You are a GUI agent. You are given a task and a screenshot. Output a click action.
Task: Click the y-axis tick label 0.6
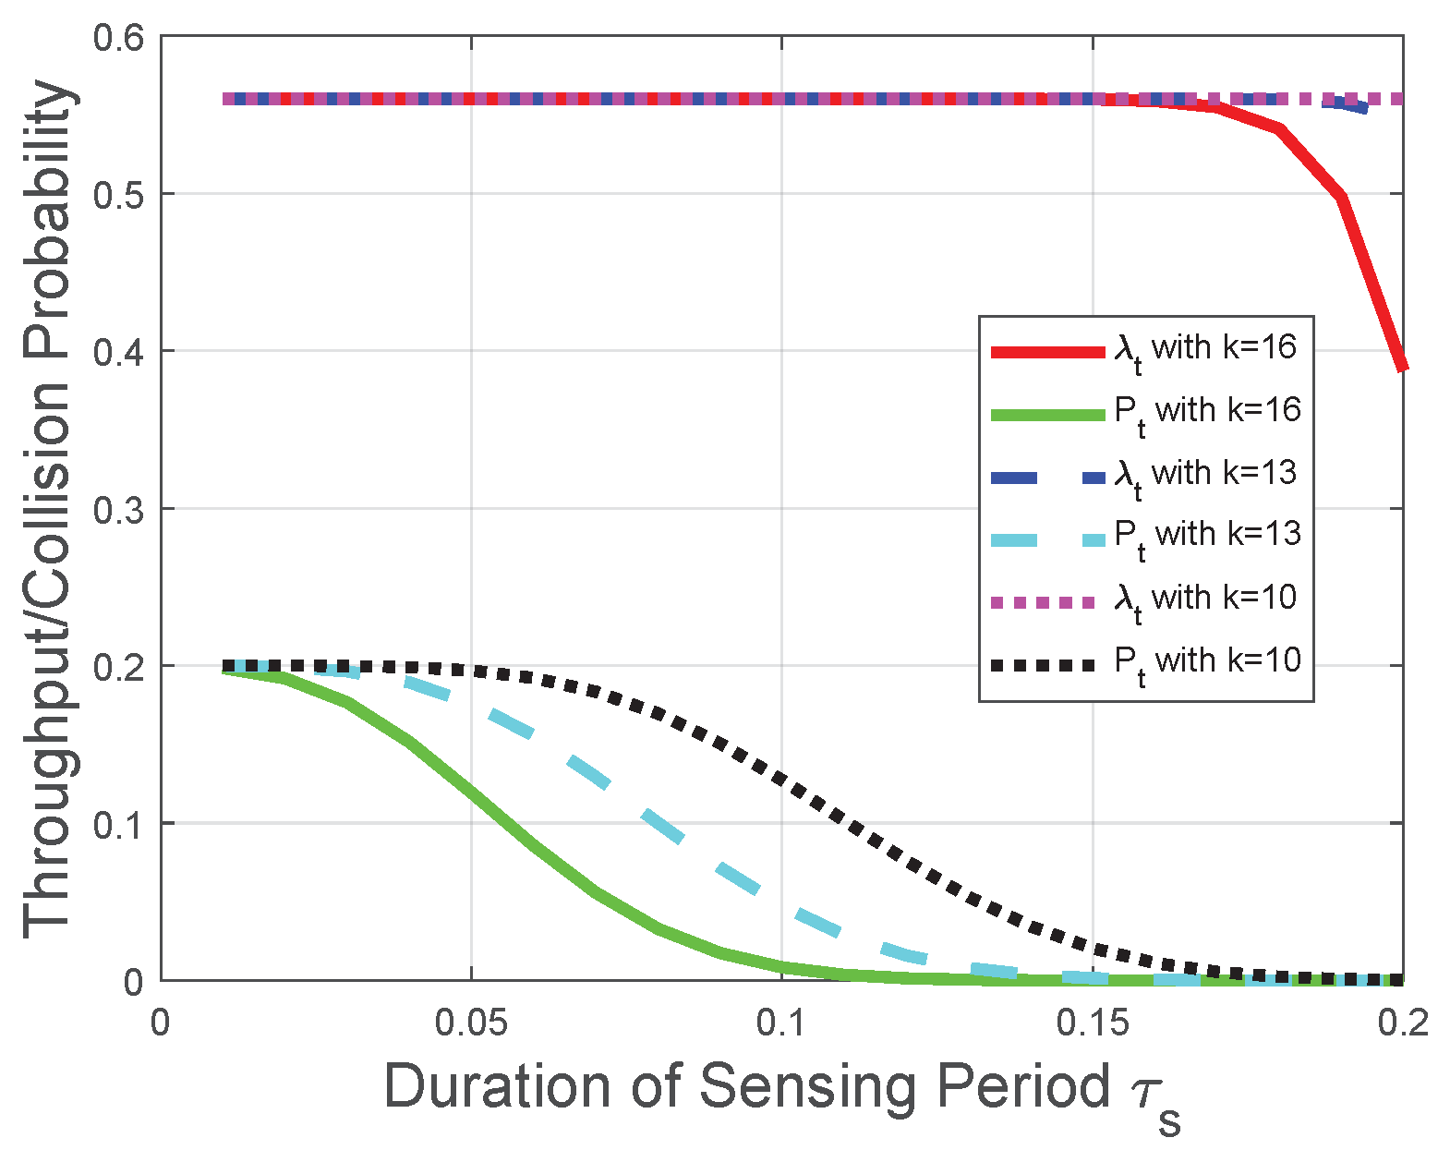click(x=118, y=39)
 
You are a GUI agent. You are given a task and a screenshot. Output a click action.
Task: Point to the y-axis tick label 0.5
click(x=118, y=195)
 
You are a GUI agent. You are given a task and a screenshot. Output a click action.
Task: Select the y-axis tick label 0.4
click(x=118, y=352)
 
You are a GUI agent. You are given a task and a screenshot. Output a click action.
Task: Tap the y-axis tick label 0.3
click(x=118, y=509)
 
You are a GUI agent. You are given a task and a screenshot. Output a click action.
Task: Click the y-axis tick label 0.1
click(x=118, y=824)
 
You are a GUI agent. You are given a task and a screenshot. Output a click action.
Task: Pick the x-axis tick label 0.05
click(x=471, y=1023)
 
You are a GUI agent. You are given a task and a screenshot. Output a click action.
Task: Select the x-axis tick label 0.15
click(x=1093, y=1023)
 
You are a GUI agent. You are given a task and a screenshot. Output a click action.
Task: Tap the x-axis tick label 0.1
click(x=782, y=1023)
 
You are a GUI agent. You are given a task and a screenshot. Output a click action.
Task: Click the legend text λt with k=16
click(x=1205, y=349)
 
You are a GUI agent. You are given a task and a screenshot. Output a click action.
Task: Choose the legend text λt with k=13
click(x=1205, y=475)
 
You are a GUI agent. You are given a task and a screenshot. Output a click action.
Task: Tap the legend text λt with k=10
click(x=1205, y=599)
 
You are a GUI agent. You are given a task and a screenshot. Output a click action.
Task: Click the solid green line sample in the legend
click(x=1047, y=415)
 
